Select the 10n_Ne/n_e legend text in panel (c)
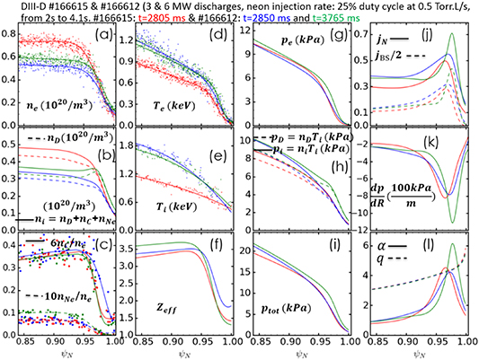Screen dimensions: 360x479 pos(59,294)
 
